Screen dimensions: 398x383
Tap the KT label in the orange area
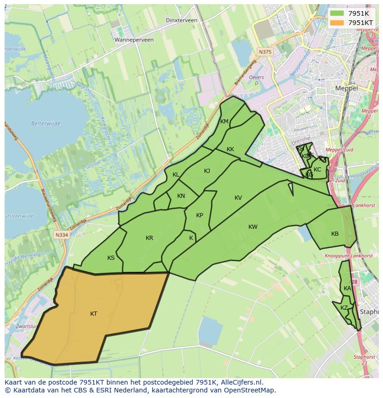coord(93,314)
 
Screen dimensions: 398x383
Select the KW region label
coord(253,227)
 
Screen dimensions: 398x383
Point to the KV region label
coord(238,198)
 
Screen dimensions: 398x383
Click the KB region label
coord(335,234)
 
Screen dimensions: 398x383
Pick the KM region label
coord(224,122)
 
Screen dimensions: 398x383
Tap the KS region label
coord(111,258)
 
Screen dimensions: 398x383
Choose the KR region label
coord(149,238)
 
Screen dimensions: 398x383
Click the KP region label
coord(199,215)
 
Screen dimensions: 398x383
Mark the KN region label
coord(181,196)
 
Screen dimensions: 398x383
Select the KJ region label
coord(207,171)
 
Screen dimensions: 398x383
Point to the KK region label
coord(230,149)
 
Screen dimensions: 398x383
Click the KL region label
coord(176,175)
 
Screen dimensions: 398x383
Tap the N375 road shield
coord(265,52)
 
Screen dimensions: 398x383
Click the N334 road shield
coord(61,235)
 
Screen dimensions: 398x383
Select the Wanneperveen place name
coord(134,40)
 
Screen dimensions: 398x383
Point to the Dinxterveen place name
coord(181,20)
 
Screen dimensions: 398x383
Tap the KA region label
coord(347,288)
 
